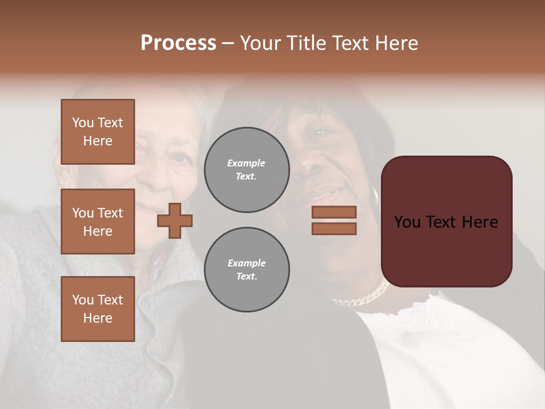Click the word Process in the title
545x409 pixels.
point(178,43)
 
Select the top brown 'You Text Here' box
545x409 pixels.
point(98,132)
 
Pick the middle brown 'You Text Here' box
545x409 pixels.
point(98,222)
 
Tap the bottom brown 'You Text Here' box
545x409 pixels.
point(98,309)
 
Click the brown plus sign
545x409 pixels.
point(175,220)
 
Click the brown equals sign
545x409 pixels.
point(334,220)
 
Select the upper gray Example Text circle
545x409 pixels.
point(247,170)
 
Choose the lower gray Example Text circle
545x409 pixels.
point(247,270)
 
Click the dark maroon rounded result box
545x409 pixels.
point(446,222)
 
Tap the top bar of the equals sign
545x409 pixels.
point(334,212)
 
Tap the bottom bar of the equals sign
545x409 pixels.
point(334,228)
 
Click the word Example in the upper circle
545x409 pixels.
point(246,164)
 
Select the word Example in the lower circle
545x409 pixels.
point(246,264)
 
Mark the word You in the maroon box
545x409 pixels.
point(408,222)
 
